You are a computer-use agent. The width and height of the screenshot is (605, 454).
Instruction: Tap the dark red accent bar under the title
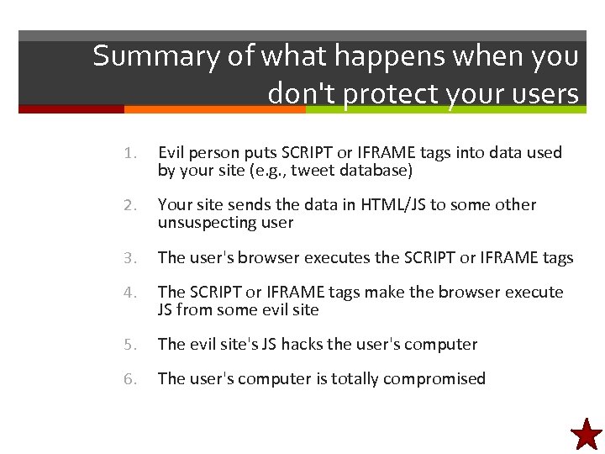tap(71, 109)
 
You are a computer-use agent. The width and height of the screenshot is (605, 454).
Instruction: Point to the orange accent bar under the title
tap(214, 109)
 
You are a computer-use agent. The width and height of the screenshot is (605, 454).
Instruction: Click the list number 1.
tap(129, 153)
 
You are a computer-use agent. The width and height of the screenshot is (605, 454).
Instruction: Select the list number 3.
tap(129, 257)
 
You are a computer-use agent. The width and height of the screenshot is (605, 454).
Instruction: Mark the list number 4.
tap(129, 293)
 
